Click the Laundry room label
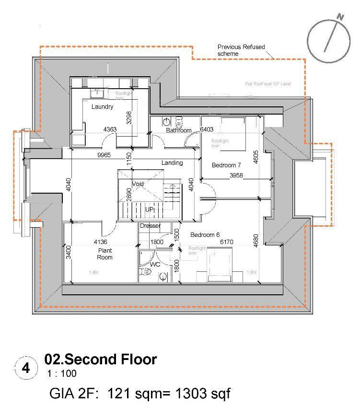pyautogui.click(x=102, y=107)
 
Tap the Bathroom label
pyautogui.click(x=178, y=130)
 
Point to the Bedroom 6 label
pyautogui.click(x=205, y=235)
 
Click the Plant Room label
pyautogui.click(x=105, y=254)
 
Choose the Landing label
pyautogui.click(x=172, y=163)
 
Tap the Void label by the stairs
pyautogui.click(x=138, y=184)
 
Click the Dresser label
pyautogui.click(x=150, y=226)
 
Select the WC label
pyautogui.click(x=155, y=264)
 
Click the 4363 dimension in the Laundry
pyautogui.click(x=110, y=129)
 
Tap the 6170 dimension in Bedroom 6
pyautogui.click(x=226, y=242)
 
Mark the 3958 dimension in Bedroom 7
pyautogui.click(x=236, y=176)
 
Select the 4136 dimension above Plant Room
pyautogui.click(x=101, y=242)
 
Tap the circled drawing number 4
pyautogui.click(x=26, y=368)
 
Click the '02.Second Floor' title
pyautogui.click(x=100, y=359)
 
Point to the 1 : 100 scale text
pyautogui.click(x=61, y=373)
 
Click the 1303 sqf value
pyautogui.click(x=203, y=394)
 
